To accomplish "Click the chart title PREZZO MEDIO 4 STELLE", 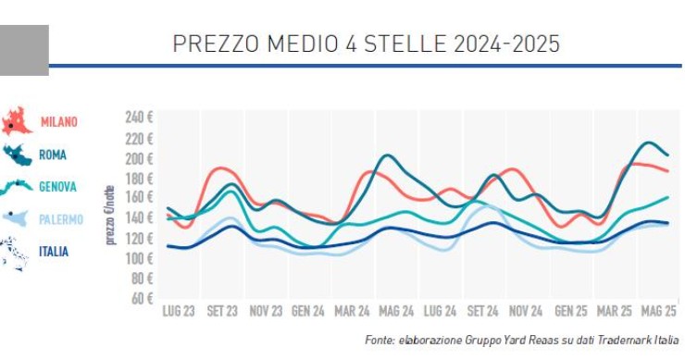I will pos(366,44).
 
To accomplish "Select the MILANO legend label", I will pos(59,122).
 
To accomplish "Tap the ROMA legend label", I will pos(53,155).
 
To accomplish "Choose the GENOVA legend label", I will pos(57,187).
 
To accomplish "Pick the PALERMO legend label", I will pos(61,219).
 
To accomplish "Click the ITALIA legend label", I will pos(54,251).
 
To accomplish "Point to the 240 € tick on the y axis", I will pos(139,118).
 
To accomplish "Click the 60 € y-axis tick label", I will pos(142,299).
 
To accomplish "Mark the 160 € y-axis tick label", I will pos(139,198).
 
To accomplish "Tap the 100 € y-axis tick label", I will pos(139,258).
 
